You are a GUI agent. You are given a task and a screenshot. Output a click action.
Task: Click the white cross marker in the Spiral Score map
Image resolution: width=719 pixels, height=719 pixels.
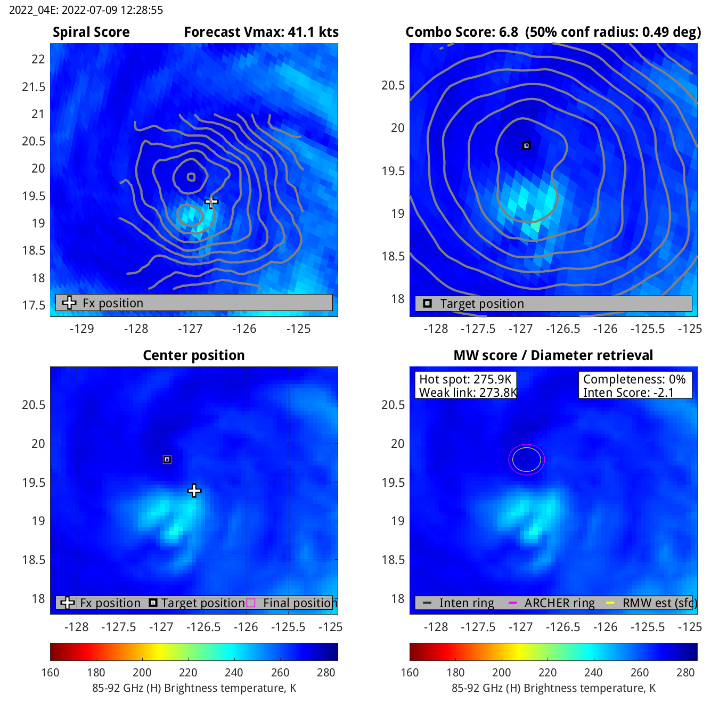tap(211, 201)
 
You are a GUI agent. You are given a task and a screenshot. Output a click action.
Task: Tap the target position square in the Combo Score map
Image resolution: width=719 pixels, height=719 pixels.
tap(526, 145)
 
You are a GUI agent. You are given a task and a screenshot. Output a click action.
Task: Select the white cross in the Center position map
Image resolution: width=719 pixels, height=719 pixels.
tap(194, 491)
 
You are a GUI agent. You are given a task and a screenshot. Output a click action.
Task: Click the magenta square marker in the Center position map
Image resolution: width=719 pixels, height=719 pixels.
tap(167, 459)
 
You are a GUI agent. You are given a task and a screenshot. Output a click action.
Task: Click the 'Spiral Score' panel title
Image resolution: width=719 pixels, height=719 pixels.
tap(91, 32)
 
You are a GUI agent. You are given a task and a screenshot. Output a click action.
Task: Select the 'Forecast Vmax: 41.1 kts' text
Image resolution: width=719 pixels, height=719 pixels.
tap(261, 32)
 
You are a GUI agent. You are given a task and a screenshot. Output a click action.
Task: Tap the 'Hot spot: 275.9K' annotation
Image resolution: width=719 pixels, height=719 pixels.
tap(465, 379)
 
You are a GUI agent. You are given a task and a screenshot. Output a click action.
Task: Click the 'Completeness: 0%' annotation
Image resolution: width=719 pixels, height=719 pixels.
tap(634, 379)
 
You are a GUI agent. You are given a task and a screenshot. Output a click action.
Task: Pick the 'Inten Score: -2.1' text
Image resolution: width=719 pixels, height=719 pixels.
tap(628, 393)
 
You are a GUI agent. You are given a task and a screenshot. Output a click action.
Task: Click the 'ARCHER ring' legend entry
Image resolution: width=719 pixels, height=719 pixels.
tap(559, 603)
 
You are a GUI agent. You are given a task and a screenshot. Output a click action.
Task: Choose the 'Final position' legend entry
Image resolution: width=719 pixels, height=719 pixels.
tap(300, 603)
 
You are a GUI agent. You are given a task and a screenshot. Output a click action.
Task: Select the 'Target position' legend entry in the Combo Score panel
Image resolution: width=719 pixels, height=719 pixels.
tap(481, 304)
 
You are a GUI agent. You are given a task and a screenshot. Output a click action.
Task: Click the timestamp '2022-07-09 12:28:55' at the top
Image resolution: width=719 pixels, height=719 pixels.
tap(115, 10)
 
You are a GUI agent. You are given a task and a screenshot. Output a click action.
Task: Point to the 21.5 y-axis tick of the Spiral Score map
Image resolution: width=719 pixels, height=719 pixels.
tap(34, 87)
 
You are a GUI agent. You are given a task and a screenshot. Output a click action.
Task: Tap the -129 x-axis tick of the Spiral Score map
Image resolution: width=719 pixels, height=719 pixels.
tap(82, 329)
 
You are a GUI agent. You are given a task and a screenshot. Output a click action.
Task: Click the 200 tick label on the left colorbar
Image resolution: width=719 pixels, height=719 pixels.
tap(142, 673)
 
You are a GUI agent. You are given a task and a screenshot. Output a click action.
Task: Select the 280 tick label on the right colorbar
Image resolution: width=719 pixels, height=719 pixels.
tap(685, 673)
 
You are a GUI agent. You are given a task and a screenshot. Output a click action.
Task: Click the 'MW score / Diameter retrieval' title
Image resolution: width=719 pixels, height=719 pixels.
tap(553, 355)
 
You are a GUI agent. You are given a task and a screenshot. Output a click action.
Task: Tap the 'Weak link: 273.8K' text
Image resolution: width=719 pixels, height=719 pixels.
tap(468, 393)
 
